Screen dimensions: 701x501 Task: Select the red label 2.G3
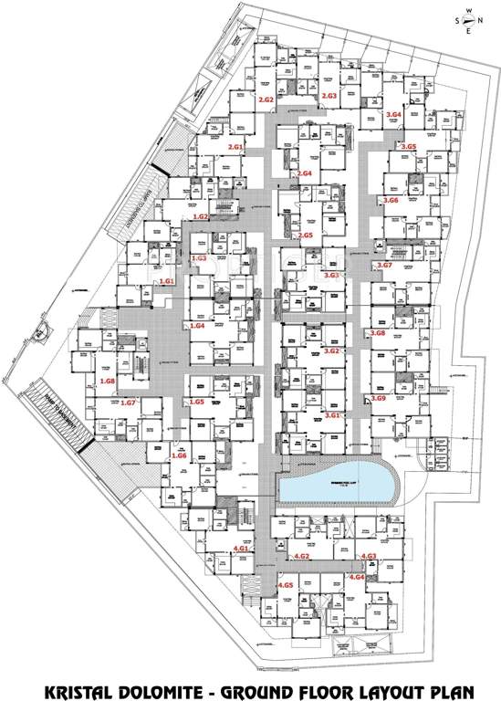(329, 96)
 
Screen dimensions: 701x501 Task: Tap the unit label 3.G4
(394, 114)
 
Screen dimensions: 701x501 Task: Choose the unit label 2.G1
(235, 147)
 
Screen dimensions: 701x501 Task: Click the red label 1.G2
(201, 216)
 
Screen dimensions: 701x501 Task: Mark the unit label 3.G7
(384, 265)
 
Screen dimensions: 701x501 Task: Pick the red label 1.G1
(166, 282)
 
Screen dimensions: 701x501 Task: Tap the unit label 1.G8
(107, 381)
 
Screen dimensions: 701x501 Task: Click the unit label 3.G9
(379, 398)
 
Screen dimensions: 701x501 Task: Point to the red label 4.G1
(241, 549)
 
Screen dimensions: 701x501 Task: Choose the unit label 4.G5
(286, 585)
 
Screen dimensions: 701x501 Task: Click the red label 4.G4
(357, 577)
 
